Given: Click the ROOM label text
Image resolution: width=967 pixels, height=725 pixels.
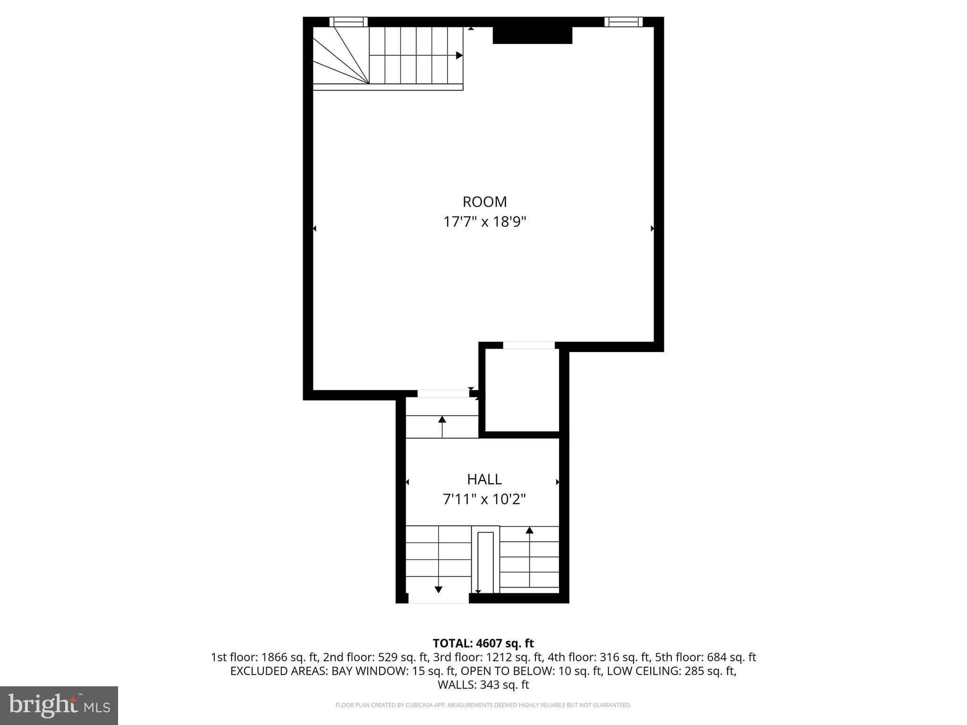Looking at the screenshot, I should [484, 202].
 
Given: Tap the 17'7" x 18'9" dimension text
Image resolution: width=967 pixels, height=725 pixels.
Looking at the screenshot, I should [484, 222].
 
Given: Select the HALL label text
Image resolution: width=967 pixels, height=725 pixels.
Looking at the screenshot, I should [484, 479].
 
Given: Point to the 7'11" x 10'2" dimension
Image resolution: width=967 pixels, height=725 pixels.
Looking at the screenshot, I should [484, 499].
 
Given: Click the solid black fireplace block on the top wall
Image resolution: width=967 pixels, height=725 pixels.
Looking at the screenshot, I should [532, 35].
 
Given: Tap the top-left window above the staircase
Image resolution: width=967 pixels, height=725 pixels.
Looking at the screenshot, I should [348, 22].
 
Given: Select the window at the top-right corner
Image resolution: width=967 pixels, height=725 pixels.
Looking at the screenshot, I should [623, 22].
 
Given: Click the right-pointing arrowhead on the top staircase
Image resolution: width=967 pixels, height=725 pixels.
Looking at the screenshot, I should [459, 55].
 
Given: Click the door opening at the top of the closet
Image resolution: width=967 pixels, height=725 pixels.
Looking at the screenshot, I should [528, 345].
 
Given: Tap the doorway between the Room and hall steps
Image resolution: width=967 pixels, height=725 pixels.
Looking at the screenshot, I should [443, 394].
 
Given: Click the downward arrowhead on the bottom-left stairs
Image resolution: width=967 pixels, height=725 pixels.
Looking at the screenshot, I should [438, 589].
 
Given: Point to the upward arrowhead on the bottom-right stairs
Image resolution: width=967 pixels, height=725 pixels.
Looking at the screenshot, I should [529, 530].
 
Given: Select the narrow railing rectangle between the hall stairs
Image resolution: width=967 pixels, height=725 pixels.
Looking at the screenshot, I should [485, 562].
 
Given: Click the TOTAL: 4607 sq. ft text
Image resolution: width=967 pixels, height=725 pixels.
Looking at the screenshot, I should [483, 643].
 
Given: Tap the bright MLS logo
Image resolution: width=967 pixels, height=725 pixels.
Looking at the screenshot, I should [59, 705].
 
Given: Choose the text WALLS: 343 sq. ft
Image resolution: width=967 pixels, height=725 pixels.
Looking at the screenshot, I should [483, 684].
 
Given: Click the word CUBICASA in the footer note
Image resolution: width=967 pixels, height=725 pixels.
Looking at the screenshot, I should [411, 705].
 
